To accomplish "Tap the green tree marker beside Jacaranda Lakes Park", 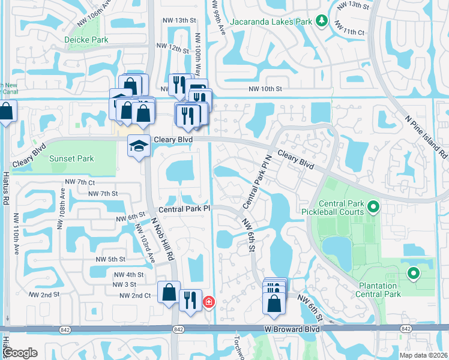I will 322,21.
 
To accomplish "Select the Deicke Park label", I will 86,40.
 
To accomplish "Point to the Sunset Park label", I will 71,158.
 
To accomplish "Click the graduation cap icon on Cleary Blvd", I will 139,146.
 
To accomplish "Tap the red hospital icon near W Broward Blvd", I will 209,302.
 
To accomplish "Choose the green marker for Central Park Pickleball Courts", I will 373,208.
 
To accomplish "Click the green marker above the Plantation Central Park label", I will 413,274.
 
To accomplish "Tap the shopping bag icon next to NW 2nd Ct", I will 169,292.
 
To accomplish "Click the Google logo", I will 20,353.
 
